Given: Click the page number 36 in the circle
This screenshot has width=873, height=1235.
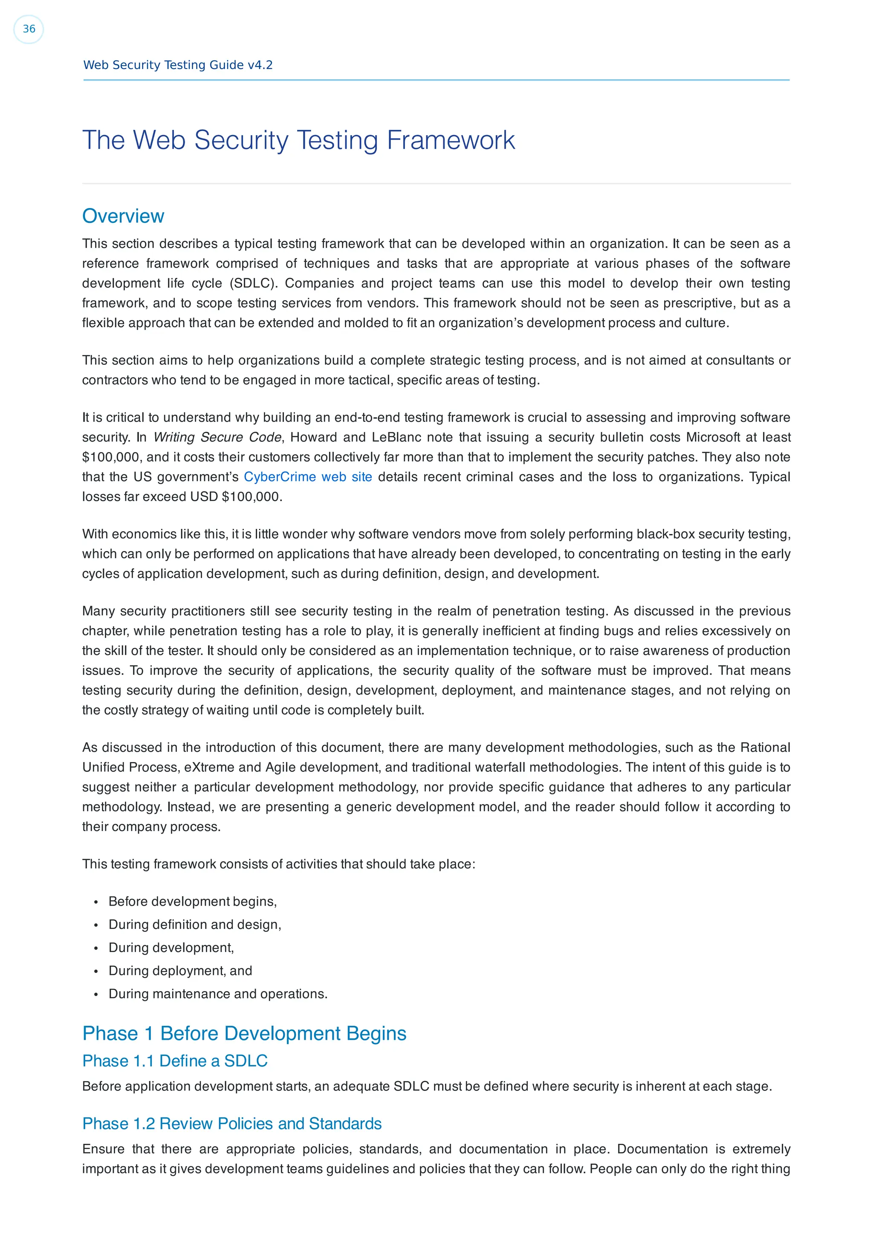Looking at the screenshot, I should coord(29,29).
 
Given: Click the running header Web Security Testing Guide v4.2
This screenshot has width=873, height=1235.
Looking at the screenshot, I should coord(177,65).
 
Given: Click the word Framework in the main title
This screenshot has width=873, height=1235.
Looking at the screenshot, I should coord(451,140).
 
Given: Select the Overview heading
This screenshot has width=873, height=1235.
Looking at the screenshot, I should coord(123,216).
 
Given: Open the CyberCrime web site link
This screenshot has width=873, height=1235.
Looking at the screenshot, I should coord(308,477).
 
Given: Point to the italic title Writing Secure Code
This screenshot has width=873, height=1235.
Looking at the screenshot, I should coord(217,437).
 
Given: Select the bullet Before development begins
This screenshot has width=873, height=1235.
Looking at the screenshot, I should coord(193,901).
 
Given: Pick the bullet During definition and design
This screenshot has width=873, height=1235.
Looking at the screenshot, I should coord(195,925).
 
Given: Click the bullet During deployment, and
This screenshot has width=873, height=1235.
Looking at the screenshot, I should coord(180,971).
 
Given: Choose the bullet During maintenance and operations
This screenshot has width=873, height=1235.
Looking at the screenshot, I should coord(218,994).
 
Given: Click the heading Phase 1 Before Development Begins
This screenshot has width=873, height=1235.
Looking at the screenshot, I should coord(244,1034).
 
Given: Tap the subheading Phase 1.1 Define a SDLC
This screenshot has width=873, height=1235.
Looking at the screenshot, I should coord(175,1061).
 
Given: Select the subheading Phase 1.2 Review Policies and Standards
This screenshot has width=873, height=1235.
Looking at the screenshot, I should coord(232,1124).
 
